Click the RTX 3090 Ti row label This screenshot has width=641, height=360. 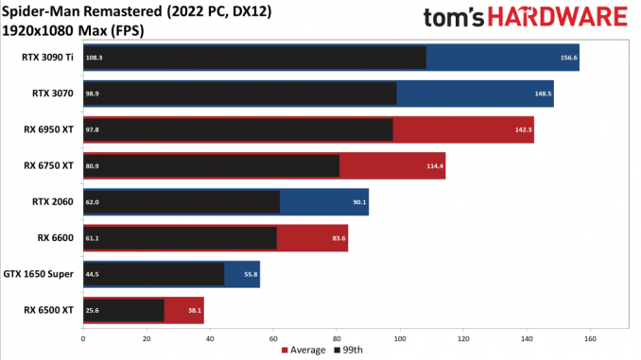[47, 58]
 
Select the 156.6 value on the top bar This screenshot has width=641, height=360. [568, 58]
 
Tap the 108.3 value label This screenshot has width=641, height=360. [94, 58]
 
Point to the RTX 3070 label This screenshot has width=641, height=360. [53, 94]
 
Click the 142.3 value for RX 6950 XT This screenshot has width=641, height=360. [523, 130]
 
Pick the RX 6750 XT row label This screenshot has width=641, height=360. [48, 166]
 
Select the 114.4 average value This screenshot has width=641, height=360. [435, 166]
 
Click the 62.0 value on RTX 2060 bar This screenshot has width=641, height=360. [93, 202]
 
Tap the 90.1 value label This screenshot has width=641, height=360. [360, 202]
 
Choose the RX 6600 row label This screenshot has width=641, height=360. [56, 238]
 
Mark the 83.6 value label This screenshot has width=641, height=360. [338, 238]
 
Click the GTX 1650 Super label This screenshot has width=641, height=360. [39, 274]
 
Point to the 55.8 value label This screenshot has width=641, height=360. [251, 274]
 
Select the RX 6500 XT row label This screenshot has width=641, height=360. [48, 310]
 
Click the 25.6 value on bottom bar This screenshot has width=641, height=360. [93, 311]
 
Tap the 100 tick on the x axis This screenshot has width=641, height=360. [400, 339]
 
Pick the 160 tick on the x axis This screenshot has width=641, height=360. [590, 339]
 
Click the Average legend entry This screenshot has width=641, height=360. [303, 351]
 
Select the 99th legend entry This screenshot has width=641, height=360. [348, 351]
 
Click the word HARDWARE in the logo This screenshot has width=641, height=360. [558, 18]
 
